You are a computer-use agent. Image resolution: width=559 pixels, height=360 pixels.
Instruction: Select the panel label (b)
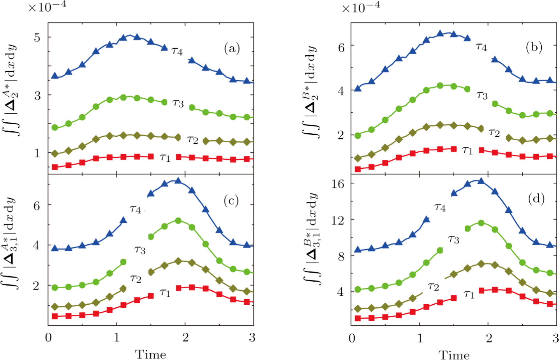[x=534, y=47]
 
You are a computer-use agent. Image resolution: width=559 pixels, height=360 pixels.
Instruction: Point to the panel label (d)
[x=536, y=199]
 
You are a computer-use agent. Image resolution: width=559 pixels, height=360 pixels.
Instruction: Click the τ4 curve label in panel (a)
[x=177, y=51]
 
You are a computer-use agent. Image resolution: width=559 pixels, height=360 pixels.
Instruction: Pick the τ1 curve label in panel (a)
[x=165, y=157]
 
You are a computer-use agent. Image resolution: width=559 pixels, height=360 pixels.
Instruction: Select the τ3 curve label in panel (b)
[x=482, y=95]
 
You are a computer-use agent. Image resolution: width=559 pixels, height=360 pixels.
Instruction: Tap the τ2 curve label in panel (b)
[x=494, y=132]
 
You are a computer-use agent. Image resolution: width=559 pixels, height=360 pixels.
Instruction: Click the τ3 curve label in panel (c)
[x=139, y=249]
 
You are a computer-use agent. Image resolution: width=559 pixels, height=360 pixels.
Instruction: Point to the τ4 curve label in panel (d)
[x=440, y=207]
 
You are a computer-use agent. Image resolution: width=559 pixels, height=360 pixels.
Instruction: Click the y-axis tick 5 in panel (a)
[x=37, y=38]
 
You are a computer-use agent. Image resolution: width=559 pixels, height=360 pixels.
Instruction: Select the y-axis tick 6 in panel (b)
[x=341, y=47]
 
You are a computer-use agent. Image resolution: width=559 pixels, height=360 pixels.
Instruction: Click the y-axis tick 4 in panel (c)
[x=37, y=245]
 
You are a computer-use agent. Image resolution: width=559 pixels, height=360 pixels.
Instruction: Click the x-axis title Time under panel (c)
[x=150, y=354]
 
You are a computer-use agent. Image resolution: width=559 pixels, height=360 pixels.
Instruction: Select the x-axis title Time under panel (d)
[x=454, y=354]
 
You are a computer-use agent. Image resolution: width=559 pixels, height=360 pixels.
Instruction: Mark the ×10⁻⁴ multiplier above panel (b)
[x=361, y=7]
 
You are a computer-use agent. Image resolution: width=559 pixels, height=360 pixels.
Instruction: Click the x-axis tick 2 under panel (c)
[x=185, y=337]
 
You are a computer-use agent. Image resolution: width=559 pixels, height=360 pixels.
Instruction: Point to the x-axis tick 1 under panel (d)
[x=420, y=337]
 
